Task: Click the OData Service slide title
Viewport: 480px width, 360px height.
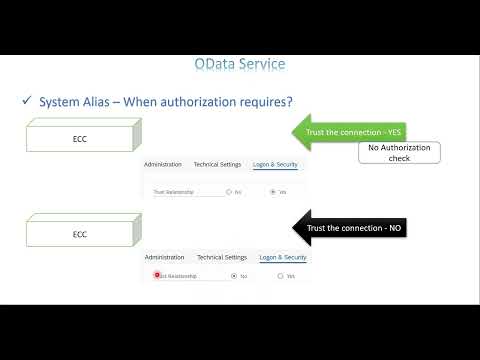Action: pos(239,65)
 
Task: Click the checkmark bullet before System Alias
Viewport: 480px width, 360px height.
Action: pos(27,102)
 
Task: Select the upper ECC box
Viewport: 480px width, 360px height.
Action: pos(80,140)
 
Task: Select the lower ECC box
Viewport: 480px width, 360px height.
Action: pos(80,234)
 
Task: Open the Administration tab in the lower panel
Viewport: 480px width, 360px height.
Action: pos(165,257)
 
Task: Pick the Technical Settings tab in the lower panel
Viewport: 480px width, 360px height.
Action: pos(222,257)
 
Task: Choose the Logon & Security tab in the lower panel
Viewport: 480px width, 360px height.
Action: pos(283,257)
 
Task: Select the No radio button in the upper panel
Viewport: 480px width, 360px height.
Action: pos(228,191)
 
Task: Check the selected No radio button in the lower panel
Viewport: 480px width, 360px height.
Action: pos(233,275)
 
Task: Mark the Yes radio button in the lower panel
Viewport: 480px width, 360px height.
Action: pos(280,275)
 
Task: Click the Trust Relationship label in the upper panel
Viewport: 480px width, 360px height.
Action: pos(173,191)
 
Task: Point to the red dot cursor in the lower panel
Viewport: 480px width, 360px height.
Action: pos(157,274)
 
